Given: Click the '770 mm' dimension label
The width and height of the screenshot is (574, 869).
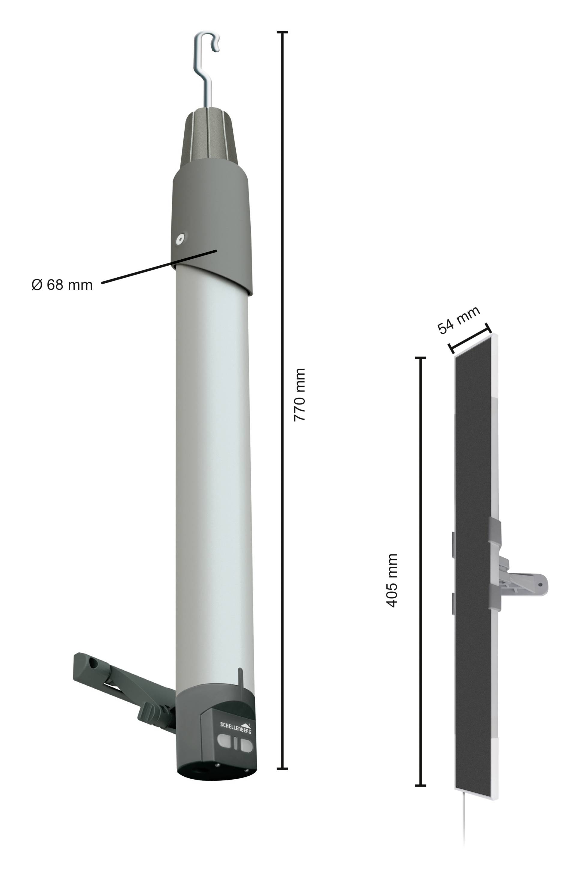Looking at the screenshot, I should pyautogui.click(x=299, y=395).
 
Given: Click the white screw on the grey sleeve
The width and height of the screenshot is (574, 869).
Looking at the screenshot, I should pyautogui.click(x=180, y=239).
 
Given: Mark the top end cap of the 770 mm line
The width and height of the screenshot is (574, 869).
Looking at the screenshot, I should pyautogui.click(x=282, y=32).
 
